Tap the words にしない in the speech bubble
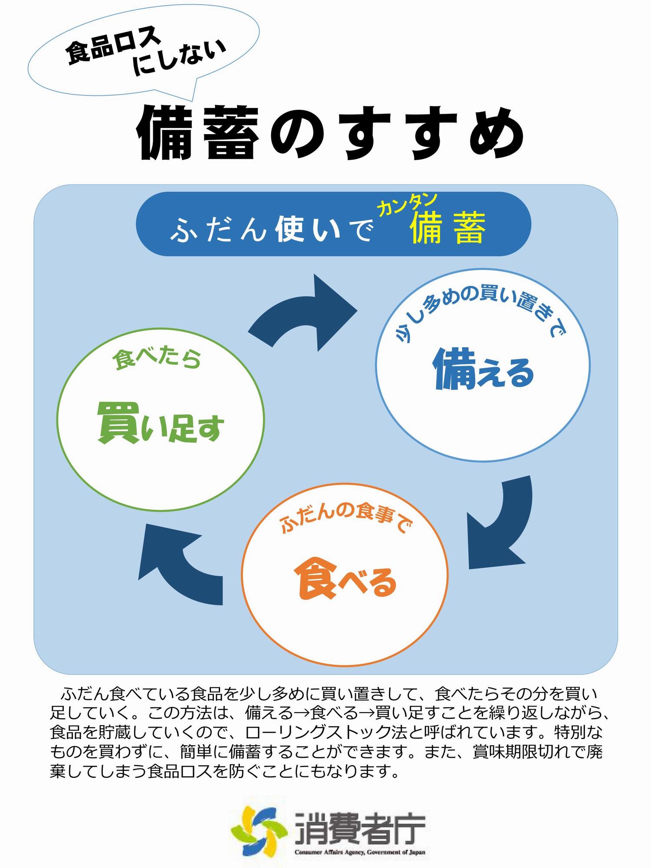179,58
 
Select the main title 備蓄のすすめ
330,133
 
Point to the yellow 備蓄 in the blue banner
447,227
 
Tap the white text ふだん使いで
271,229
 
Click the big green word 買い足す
161,422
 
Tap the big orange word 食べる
345,580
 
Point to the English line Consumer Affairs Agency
360,852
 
